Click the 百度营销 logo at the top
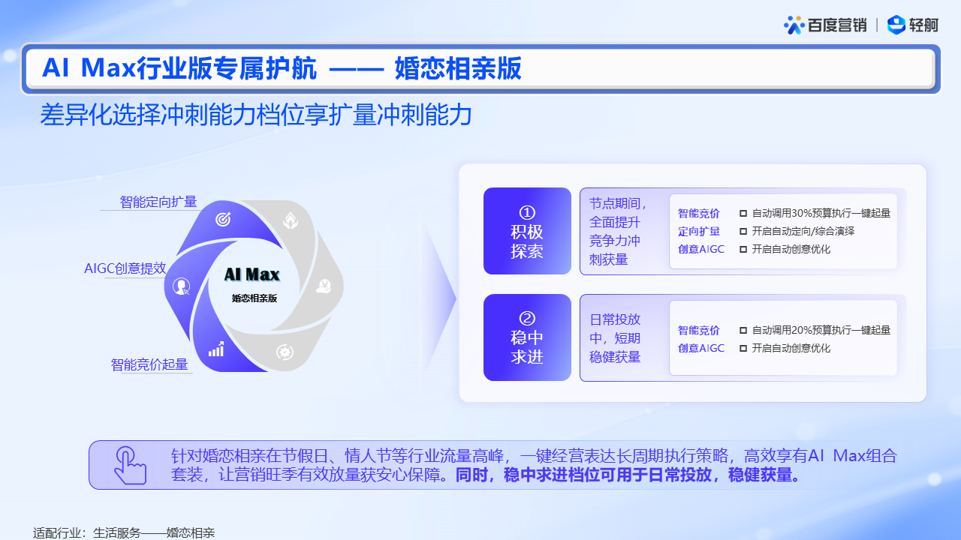tap(825, 25)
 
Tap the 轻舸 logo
tap(912, 25)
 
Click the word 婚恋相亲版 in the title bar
tap(458, 68)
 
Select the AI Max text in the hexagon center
tap(252, 274)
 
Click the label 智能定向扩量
tap(158, 202)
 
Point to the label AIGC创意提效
tap(125, 268)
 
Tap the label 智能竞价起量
tap(149, 364)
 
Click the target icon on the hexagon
tap(223, 220)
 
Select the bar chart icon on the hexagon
tap(216, 349)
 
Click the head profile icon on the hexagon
tap(181, 286)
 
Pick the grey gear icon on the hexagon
tap(285, 352)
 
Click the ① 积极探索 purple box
tap(527, 231)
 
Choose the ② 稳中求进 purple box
tap(527, 337)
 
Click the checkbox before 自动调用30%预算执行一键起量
tap(743, 214)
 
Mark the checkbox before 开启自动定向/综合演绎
tap(743, 232)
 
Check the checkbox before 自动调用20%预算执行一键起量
tap(743, 331)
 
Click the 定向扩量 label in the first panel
tap(699, 232)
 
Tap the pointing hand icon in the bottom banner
tap(131, 466)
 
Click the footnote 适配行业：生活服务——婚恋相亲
tap(124, 532)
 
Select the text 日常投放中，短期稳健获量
tap(615, 338)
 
